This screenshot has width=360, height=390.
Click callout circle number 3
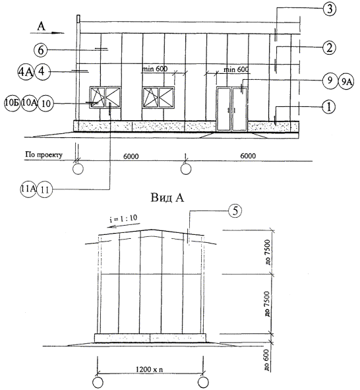[x=330, y=9]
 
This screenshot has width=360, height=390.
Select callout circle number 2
[x=329, y=48]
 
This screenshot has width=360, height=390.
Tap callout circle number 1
[x=329, y=107]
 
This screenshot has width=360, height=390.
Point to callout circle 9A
[x=346, y=81]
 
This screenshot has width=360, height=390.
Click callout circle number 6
[x=41, y=50]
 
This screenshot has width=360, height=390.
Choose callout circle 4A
[x=26, y=72]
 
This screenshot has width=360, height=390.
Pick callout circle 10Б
[x=12, y=103]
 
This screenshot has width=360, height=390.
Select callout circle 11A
[x=28, y=189]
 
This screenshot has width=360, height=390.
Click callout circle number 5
[x=235, y=211]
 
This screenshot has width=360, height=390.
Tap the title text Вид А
[x=167, y=198]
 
